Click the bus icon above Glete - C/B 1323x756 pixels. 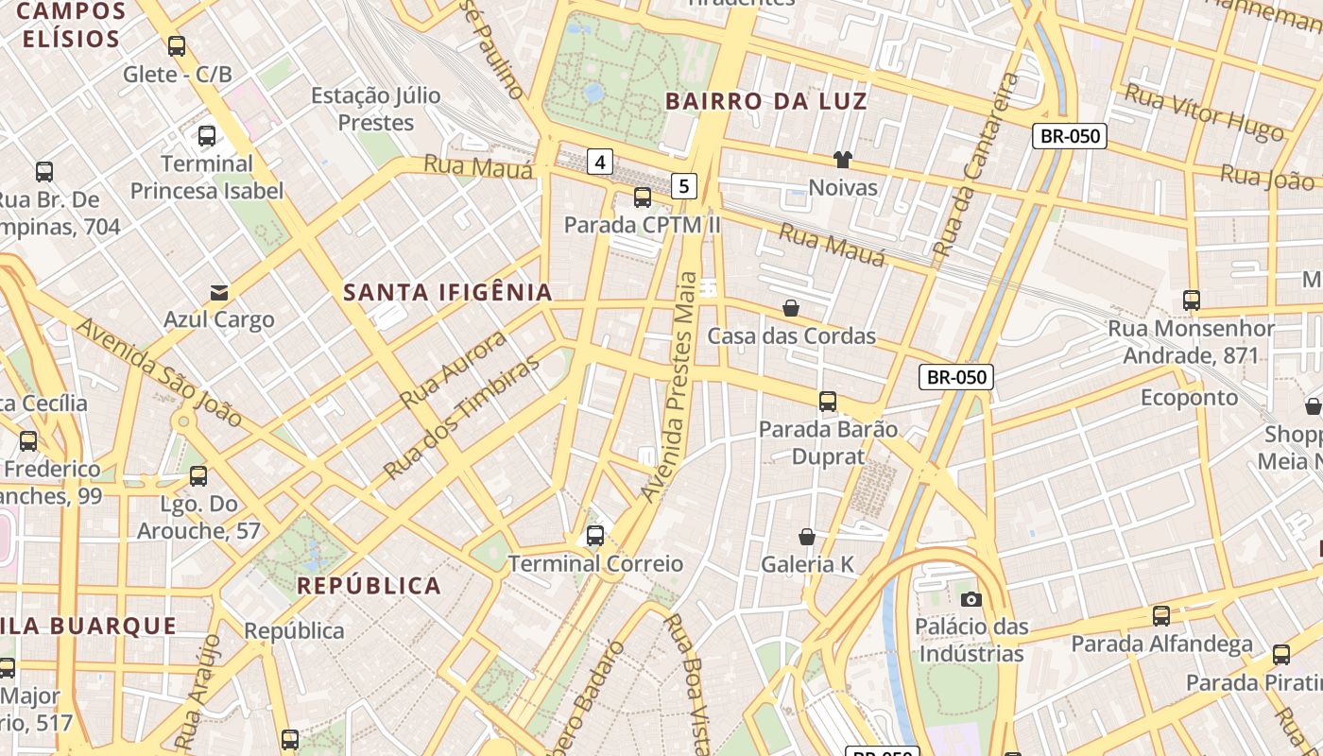tap(177, 45)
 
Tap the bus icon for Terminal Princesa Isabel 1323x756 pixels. tap(207, 136)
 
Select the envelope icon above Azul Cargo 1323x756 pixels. tap(219, 292)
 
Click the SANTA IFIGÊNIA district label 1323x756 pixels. tap(448, 292)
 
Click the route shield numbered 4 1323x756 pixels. tap(599, 162)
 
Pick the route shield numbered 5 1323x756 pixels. tap(685, 185)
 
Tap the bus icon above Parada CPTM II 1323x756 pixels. tap(643, 198)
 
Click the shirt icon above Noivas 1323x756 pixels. tap(842, 160)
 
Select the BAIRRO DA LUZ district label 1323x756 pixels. tap(766, 101)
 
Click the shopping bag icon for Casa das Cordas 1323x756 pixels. tap(791, 308)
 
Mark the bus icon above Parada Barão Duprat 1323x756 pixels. tap(828, 401)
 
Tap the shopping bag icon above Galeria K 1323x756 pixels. tap(807, 537)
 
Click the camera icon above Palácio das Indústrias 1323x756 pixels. tap(971, 599)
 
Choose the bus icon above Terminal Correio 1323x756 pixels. tap(595, 536)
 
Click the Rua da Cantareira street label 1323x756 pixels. tap(972, 165)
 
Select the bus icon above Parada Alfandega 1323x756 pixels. tap(1161, 616)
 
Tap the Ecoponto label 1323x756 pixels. tap(1189, 397)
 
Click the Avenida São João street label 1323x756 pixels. tap(159, 371)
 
